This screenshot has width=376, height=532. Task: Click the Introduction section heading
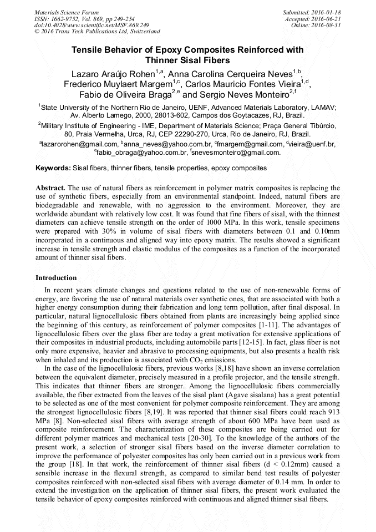point(56,277)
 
